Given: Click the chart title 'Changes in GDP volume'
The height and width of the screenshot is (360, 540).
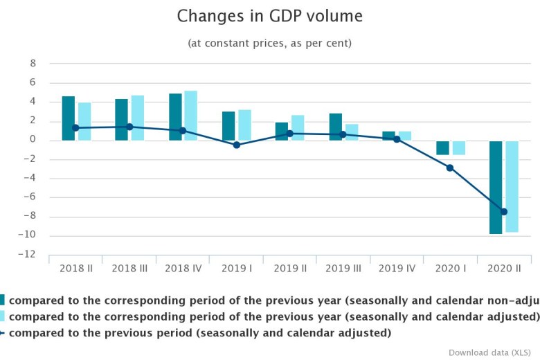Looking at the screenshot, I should [269, 16].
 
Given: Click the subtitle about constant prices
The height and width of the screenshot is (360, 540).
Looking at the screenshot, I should [269, 43].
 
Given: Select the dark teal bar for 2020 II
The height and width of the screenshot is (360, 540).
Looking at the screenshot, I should [496, 187].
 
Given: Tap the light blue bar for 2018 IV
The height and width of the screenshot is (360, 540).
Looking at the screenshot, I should [191, 116].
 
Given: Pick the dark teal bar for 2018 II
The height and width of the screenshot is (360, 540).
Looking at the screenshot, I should [69, 118].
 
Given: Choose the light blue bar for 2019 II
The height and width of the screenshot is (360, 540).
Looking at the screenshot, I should [298, 127].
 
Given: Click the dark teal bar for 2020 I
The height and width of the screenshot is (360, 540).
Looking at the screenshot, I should [442, 147].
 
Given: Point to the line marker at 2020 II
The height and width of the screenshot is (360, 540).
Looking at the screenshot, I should [504, 212].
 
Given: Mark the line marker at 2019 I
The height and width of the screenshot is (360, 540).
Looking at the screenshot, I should [237, 145].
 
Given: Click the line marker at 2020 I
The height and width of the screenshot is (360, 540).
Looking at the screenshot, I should [450, 168].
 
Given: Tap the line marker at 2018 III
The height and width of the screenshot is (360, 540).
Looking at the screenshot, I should [130, 127].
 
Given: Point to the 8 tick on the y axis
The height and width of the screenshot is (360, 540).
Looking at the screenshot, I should [32, 64].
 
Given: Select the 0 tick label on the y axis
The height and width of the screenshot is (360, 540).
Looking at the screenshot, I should [32, 140].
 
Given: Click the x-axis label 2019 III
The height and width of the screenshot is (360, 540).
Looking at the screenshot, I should [343, 267].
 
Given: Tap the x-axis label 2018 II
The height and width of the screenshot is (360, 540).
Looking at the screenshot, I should [76, 267].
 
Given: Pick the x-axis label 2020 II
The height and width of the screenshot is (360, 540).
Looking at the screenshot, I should [504, 267].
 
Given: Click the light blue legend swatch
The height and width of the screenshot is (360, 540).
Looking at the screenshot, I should [2, 316].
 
